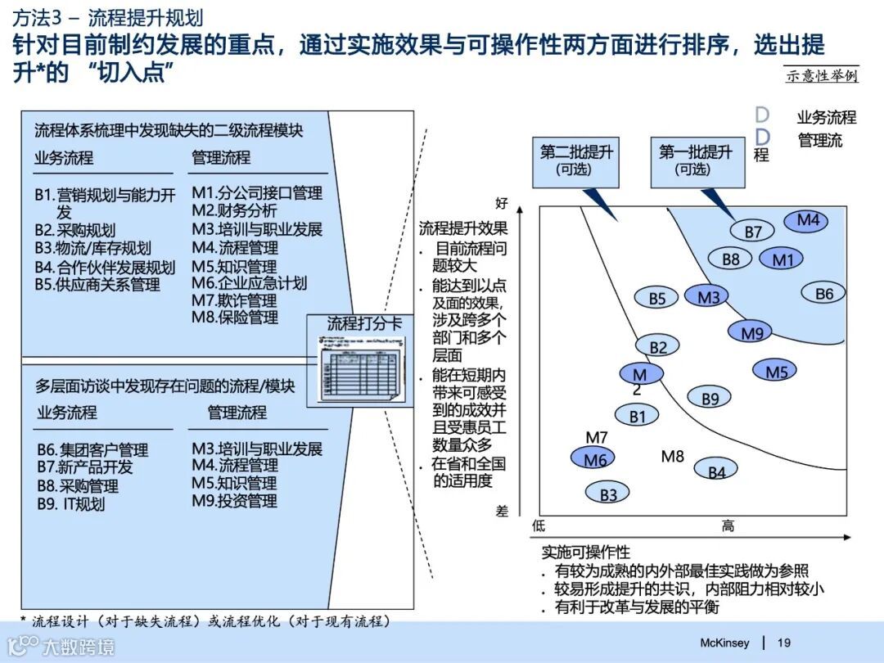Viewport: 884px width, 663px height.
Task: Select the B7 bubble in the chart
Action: (753, 232)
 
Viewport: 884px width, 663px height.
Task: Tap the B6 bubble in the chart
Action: (824, 293)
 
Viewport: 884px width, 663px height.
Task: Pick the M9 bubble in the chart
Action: (751, 332)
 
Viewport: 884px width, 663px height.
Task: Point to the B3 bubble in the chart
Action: (608, 494)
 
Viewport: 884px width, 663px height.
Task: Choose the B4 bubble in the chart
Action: (716, 471)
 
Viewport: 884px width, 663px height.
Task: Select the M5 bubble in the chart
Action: (776, 372)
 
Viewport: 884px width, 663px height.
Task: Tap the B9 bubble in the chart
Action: (710, 398)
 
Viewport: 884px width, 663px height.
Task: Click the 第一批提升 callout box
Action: (696, 160)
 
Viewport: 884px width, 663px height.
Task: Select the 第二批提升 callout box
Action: (576, 160)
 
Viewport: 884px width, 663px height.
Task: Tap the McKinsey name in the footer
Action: (724, 643)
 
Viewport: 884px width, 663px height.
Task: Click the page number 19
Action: (783, 643)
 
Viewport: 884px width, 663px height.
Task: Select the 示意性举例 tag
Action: (821, 75)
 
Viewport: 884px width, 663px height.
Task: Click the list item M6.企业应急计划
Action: (250, 283)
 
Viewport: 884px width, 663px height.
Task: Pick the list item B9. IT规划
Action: (70, 503)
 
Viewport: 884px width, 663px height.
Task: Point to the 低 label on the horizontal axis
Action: (539, 525)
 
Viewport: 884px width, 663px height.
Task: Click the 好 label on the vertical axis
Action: (502, 201)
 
